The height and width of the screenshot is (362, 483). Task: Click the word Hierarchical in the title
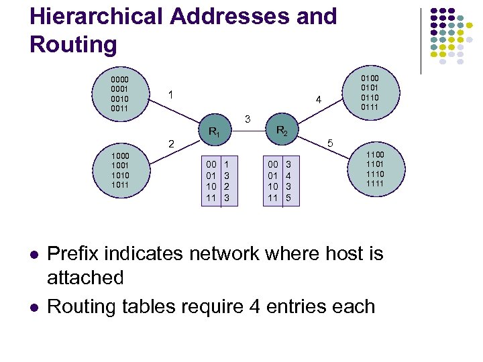pyautogui.click(x=87, y=17)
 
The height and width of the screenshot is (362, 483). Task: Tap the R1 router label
pyautogui.click(x=214, y=133)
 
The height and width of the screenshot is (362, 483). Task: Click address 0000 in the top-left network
pyautogui.click(x=120, y=80)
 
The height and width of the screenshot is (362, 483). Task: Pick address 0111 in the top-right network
pyautogui.click(x=370, y=107)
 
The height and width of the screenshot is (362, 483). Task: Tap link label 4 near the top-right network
pyautogui.click(x=319, y=101)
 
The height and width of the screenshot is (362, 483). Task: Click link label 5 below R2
pyautogui.click(x=329, y=143)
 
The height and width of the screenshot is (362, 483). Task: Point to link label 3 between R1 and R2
pyautogui.click(x=248, y=119)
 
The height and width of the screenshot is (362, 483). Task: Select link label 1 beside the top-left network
pyautogui.click(x=172, y=95)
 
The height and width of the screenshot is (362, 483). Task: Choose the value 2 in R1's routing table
pyautogui.click(x=227, y=186)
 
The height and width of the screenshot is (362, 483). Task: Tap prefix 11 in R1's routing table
pyautogui.click(x=211, y=198)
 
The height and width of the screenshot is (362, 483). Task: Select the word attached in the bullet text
pyautogui.click(x=85, y=278)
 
